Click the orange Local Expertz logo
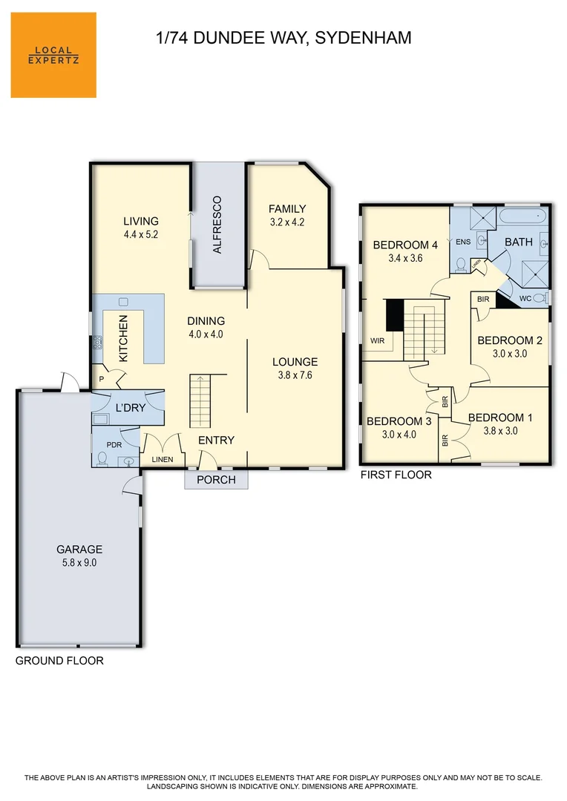[x=53, y=55]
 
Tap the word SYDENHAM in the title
[x=363, y=38]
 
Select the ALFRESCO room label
[x=217, y=225]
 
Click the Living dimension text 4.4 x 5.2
[x=140, y=234]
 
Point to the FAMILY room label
[x=287, y=209]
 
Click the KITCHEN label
[x=123, y=338]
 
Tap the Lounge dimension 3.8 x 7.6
[x=295, y=375]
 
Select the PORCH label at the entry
[x=216, y=480]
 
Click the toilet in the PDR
[x=102, y=458]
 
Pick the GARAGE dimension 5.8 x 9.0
[x=79, y=562]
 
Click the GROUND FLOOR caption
[x=59, y=661]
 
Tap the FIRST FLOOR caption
[x=396, y=475]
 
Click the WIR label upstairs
[x=377, y=340]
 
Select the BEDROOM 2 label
[x=510, y=340]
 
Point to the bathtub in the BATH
[x=523, y=215]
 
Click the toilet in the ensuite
[x=462, y=265]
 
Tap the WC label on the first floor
[x=525, y=298]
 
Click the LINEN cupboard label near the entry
[x=162, y=459]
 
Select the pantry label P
[x=101, y=380]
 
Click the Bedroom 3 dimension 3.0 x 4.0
[x=399, y=435]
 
